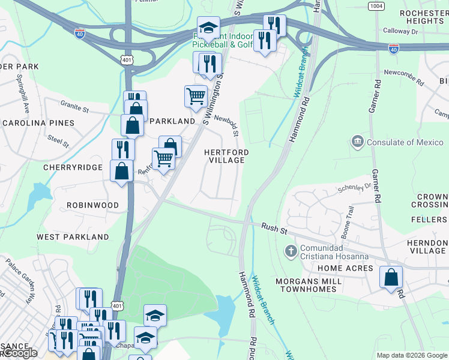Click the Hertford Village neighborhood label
point(226,156)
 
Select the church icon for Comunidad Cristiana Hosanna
point(291,251)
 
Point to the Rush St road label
point(275,227)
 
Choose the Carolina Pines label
point(38,122)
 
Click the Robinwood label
point(92,205)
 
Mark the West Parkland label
point(73,237)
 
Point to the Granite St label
point(74,106)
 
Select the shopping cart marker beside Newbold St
point(196,96)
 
